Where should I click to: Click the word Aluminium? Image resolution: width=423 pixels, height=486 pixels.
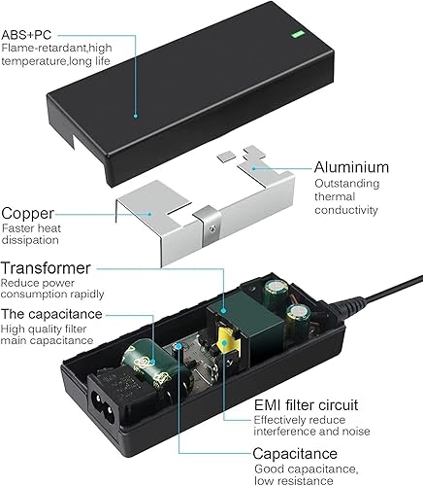tap(352, 167)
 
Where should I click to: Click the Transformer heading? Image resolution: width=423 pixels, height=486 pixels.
tap(48, 267)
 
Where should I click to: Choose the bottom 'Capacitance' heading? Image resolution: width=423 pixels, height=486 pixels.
tap(297, 453)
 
